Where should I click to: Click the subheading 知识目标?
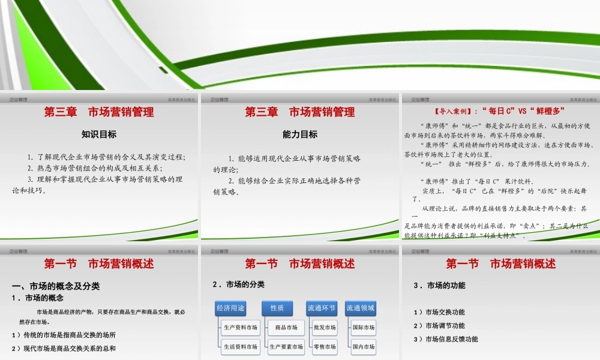99,134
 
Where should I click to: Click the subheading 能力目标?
300,134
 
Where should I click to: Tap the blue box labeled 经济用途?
230,308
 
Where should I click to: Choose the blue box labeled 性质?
277,308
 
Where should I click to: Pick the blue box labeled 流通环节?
322,308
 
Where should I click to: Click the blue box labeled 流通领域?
360,308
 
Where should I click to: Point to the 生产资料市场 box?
240,328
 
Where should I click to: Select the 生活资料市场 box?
240,346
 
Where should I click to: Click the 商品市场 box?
286,328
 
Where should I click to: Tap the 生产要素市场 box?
286,346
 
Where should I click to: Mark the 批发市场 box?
325,328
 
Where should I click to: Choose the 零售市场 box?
325,346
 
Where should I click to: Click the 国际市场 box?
364,328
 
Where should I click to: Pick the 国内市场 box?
364,346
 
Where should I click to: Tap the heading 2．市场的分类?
238,284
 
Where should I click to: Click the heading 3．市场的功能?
439,285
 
